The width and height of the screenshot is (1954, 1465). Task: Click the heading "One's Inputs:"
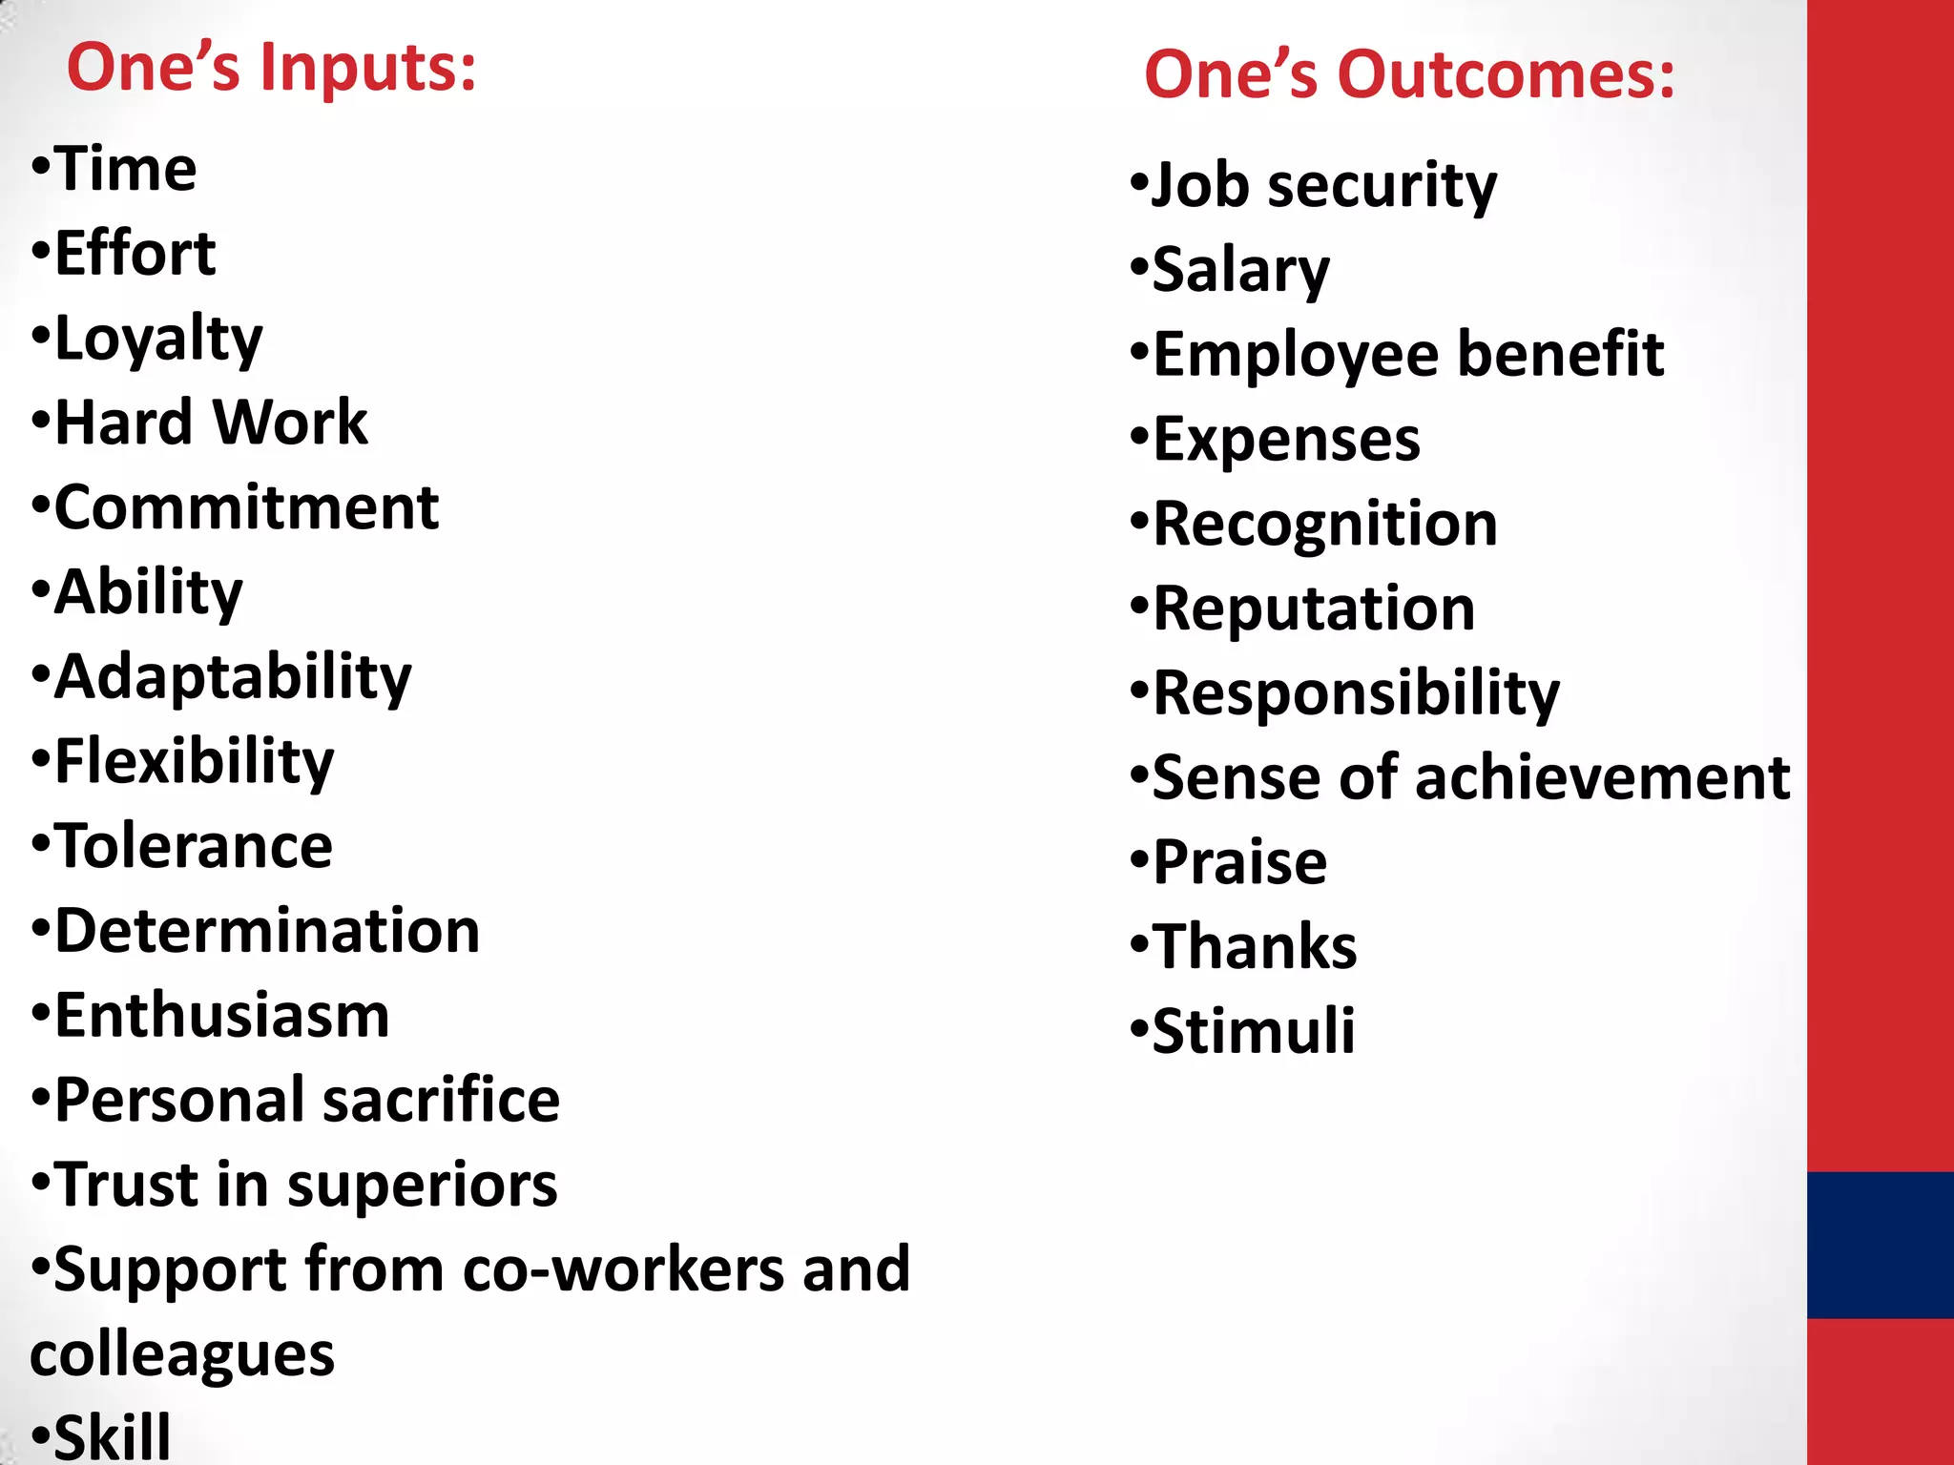click(271, 69)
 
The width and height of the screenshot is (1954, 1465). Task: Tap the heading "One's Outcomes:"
click(1408, 75)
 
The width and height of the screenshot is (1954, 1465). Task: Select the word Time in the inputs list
click(125, 170)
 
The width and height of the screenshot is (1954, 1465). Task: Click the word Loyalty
click(158, 340)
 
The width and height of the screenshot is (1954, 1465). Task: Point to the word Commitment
click(246, 507)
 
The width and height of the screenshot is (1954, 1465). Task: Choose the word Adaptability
click(233, 678)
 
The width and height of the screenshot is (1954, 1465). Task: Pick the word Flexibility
click(195, 762)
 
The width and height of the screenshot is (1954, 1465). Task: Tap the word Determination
click(267, 931)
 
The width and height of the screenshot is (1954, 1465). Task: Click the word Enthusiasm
click(222, 1016)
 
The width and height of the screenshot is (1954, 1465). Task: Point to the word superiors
click(422, 1186)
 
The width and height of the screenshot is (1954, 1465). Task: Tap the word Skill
click(113, 1435)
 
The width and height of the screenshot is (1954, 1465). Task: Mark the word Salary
click(1240, 271)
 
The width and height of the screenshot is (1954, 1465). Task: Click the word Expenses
click(1286, 440)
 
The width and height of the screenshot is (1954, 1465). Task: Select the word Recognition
click(1325, 525)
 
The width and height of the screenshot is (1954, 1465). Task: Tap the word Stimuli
click(1253, 1031)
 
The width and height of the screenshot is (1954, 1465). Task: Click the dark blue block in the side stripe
click(1880, 1245)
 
